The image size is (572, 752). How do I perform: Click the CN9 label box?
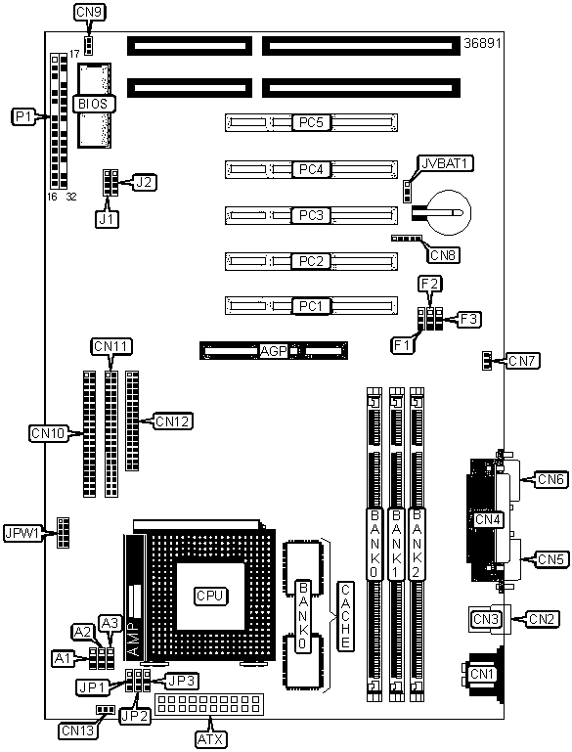[x=89, y=12]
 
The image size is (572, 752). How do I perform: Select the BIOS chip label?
[x=94, y=104]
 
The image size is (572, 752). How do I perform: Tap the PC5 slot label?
[x=311, y=123]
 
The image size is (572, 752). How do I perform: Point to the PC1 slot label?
[x=311, y=306]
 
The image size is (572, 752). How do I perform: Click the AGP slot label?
[x=274, y=351]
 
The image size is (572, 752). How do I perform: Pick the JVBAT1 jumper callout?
[x=446, y=163]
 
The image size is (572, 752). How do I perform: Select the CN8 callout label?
[x=443, y=255]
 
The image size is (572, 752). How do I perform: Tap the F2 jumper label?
[x=429, y=284]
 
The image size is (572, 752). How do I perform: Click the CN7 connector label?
[x=523, y=361]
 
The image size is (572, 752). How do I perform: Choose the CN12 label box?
[x=173, y=421]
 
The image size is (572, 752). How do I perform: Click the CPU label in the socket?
[x=210, y=596]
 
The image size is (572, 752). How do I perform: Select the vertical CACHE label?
[x=346, y=616]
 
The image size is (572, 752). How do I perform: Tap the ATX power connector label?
[x=210, y=739]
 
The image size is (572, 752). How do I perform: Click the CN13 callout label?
[x=78, y=730]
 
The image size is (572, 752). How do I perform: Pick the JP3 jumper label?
[x=182, y=681]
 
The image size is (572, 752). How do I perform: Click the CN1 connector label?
[x=482, y=674]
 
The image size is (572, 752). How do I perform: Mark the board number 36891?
[x=482, y=44]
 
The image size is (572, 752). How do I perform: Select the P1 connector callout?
[x=23, y=116]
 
